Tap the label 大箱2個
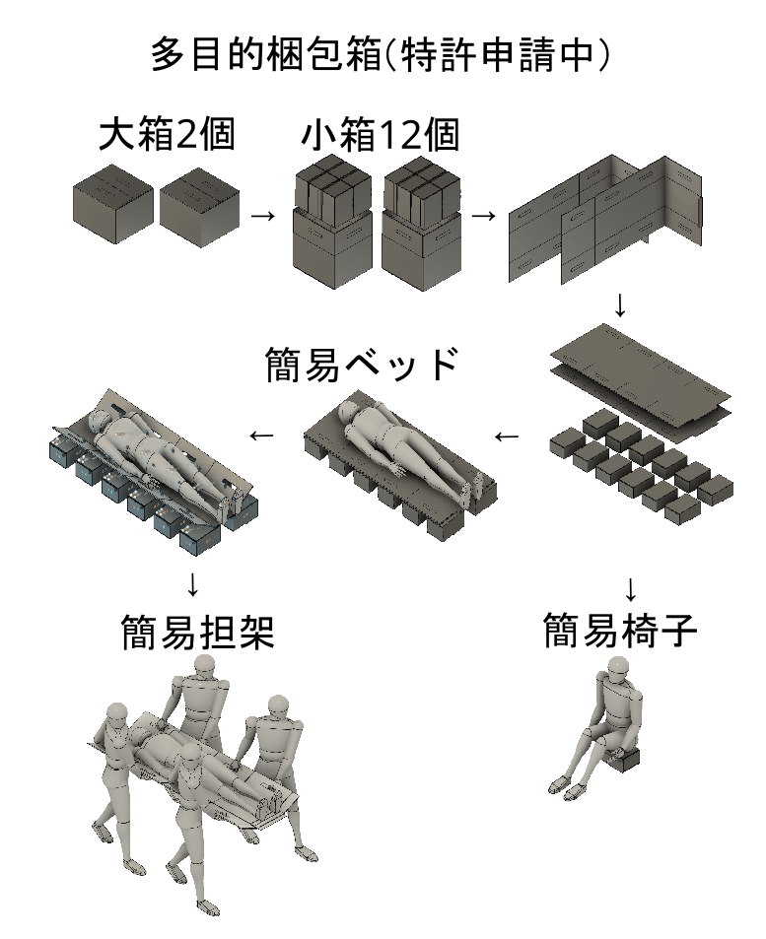167,134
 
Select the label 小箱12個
381,135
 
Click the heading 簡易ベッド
362,364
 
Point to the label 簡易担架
198,632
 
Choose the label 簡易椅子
620,630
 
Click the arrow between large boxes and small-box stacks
262,215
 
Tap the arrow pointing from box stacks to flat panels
484,215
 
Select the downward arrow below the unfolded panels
620,305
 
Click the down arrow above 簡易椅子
630,590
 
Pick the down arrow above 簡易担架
192,584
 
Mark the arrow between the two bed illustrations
261,436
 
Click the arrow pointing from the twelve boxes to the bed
507,436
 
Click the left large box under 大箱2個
113,204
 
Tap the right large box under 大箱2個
199,207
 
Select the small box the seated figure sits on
623,759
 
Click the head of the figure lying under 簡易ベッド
348,411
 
